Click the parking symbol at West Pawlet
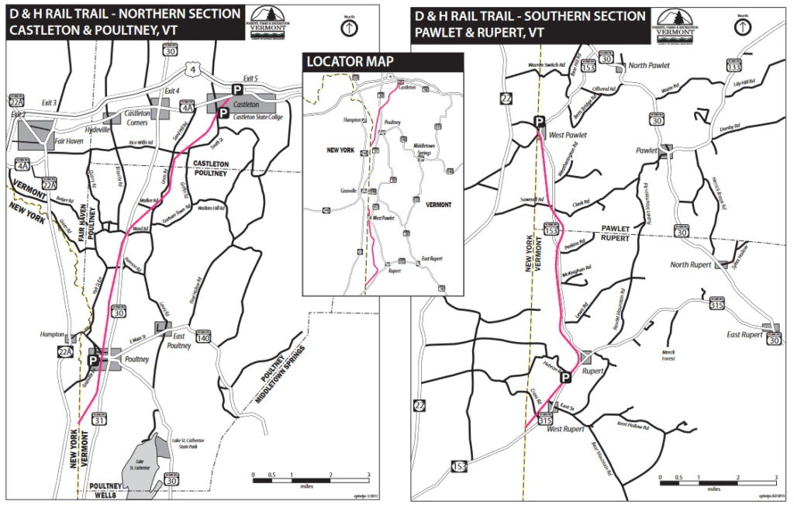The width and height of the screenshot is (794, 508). coord(539,121)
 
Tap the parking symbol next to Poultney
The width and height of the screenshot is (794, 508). coord(94,361)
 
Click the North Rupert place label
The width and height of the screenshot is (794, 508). coord(690,264)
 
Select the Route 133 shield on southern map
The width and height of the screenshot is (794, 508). coord(734,65)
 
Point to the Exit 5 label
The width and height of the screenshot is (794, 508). coord(250,78)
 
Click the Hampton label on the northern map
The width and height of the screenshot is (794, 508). coord(51,334)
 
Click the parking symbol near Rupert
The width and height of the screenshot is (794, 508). coord(566,378)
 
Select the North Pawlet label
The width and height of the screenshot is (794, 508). coord(649,66)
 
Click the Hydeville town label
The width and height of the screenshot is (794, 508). coord(98,130)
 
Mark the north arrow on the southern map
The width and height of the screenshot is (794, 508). coord(743,27)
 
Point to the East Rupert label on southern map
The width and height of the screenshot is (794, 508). coord(745,334)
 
